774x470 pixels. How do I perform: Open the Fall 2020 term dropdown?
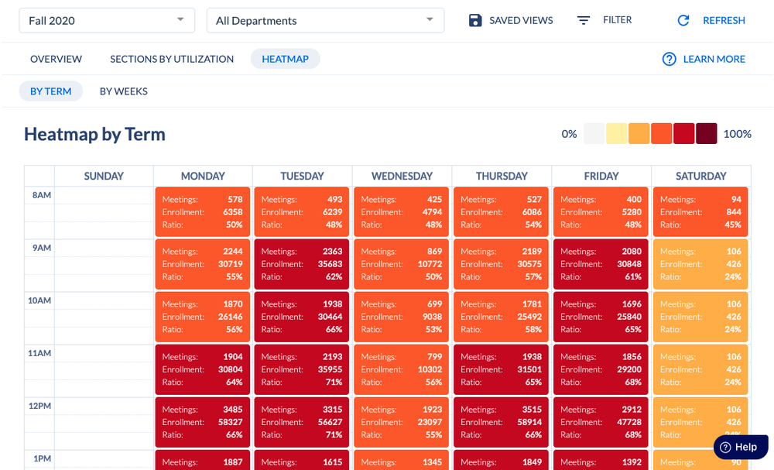[x=107, y=20]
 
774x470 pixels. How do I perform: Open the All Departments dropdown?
[x=325, y=20]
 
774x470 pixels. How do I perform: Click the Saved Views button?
[x=511, y=20]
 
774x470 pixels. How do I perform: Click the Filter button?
[x=604, y=20]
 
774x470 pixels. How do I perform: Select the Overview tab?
[x=56, y=59]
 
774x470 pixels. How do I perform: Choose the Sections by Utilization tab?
[x=172, y=59]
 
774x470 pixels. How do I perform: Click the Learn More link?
[x=704, y=59]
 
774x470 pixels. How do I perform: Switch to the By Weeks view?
[x=123, y=91]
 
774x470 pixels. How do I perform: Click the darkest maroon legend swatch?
[x=706, y=133]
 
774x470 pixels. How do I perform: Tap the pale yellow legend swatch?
[x=617, y=133]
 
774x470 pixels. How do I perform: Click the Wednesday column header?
[x=402, y=176]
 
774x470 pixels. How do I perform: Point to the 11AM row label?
[x=39, y=353]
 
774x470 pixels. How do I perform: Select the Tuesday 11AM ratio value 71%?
[x=332, y=383]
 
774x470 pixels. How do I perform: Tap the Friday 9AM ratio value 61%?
[x=632, y=277]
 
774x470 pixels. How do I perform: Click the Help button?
[x=740, y=447]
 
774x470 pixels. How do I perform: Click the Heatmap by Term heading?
[x=94, y=134]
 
